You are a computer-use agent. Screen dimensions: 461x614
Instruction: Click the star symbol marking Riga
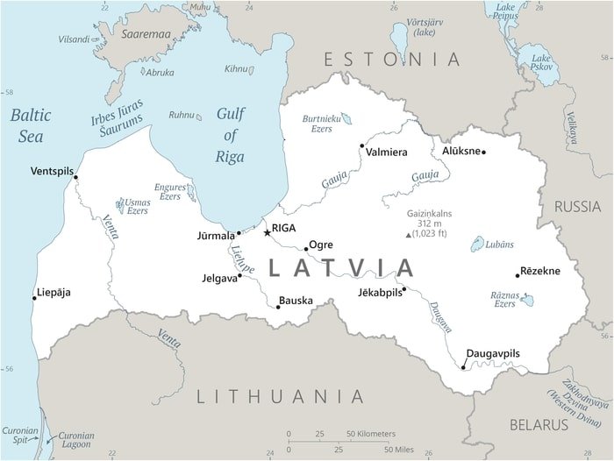(x=267, y=232)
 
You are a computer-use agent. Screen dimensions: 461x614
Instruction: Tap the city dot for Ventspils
(x=75, y=178)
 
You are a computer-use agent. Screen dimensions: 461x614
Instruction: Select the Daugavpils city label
(x=492, y=353)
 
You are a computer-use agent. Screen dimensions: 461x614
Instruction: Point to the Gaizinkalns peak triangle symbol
(x=408, y=235)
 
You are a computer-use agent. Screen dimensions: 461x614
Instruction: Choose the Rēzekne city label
(x=539, y=271)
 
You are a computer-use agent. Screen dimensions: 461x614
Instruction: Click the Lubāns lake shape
(x=478, y=244)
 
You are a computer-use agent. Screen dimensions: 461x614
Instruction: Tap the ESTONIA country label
(x=391, y=60)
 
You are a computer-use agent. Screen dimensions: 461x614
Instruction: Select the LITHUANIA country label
(x=279, y=396)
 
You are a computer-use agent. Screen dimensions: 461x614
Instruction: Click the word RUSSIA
(x=577, y=207)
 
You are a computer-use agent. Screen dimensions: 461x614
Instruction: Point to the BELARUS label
(x=539, y=424)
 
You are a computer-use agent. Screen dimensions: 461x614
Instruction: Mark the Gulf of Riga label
(x=230, y=136)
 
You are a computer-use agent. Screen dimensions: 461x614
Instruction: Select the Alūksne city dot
(x=483, y=152)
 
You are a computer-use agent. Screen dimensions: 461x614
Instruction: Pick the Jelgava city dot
(x=239, y=276)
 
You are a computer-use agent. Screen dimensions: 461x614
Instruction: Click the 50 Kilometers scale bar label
(x=370, y=434)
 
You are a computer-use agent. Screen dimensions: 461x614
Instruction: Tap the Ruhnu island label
(x=181, y=115)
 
